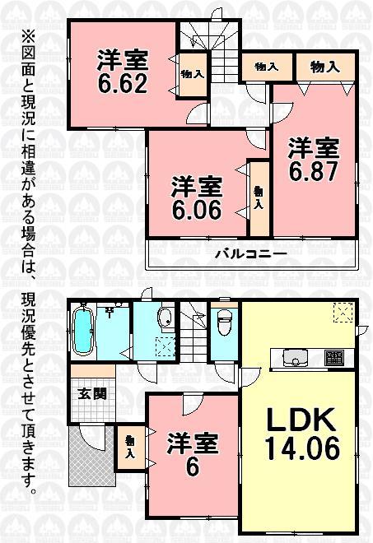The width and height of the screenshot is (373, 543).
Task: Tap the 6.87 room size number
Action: tap(313, 173)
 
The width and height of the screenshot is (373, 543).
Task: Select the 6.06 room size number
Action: tap(196, 209)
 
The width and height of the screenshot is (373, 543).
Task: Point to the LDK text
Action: tap(301, 422)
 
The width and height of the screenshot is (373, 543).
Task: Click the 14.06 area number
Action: tap(301, 451)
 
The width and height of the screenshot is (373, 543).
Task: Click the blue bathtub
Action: tap(83, 332)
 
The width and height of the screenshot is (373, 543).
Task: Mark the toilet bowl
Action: tap(223, 326)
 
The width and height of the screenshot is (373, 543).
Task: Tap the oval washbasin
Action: tap(163, 320)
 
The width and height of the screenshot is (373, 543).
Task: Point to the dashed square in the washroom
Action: tap(164, 347)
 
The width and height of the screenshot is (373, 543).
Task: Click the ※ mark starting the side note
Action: tap(27, 38)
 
